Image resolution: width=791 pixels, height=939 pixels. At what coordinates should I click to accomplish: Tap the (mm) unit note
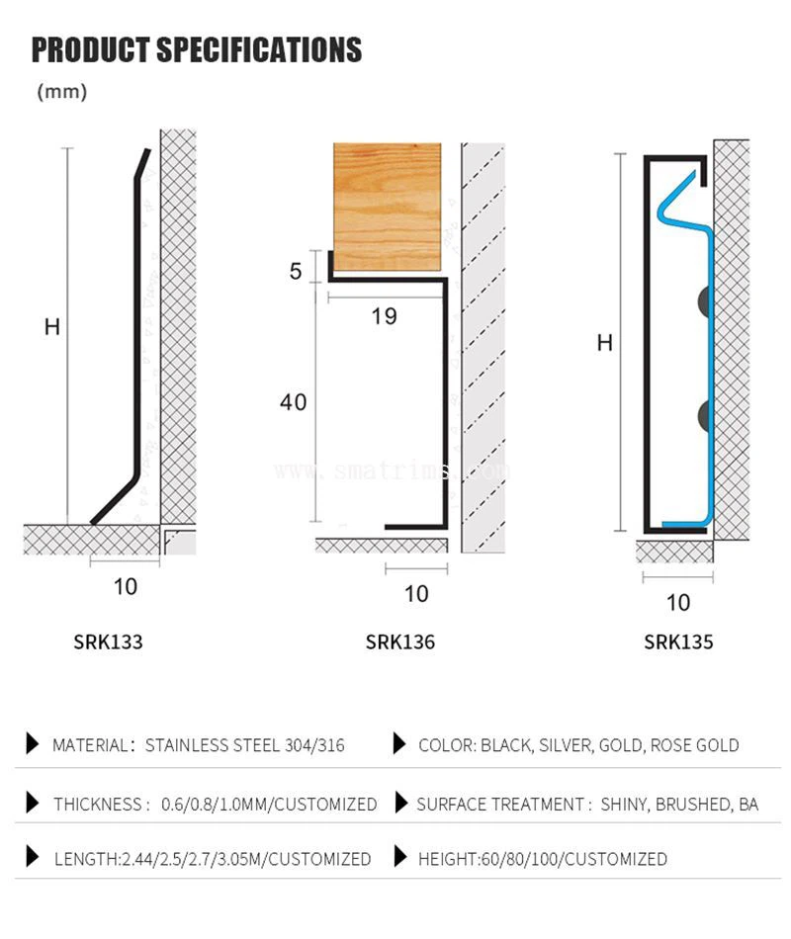(x=62, y=92)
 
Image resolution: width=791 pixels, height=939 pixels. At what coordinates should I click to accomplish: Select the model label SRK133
(x=108, y=641)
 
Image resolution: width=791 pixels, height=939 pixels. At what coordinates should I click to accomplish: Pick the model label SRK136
(x=399, y=641)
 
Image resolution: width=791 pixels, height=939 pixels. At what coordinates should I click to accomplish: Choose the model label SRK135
(x=678, y=641)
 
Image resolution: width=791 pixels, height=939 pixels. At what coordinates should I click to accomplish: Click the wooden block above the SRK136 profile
(x=387, y=206)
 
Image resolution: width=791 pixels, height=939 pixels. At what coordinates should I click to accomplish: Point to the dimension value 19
(x=385, y=316)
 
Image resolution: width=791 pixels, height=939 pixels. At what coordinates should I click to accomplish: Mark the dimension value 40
(x=293, y=402)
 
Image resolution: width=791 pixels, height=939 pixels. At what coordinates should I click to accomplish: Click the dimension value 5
(x=296, y=270)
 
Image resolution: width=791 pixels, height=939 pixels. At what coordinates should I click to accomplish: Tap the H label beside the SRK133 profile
(x=52, y=326)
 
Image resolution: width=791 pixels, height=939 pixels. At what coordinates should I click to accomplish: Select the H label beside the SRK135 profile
(x=604, y=343)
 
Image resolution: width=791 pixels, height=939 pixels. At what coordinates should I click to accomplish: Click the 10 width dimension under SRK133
(x=126, y=586)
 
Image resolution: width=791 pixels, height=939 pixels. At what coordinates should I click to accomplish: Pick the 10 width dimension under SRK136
(x=417, y=593)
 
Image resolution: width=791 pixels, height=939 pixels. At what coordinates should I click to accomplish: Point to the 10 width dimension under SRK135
(x=678, y=602)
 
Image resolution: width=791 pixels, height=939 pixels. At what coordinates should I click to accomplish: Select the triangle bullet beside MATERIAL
(x=33, y=744)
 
